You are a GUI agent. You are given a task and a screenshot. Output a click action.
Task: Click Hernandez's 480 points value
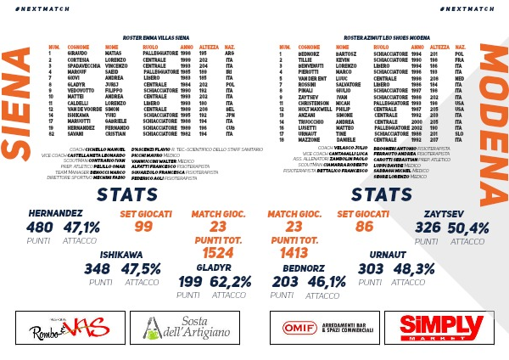(40, 228)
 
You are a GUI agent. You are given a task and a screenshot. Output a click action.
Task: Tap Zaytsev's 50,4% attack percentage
(467, 228)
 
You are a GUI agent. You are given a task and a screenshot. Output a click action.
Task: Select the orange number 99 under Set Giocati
(143, 226)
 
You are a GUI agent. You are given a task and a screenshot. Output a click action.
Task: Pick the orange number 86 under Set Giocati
(364, 226)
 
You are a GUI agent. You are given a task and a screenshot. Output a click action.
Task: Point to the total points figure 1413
(294, 253)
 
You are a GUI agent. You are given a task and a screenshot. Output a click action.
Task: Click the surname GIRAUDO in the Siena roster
(79, 52)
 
